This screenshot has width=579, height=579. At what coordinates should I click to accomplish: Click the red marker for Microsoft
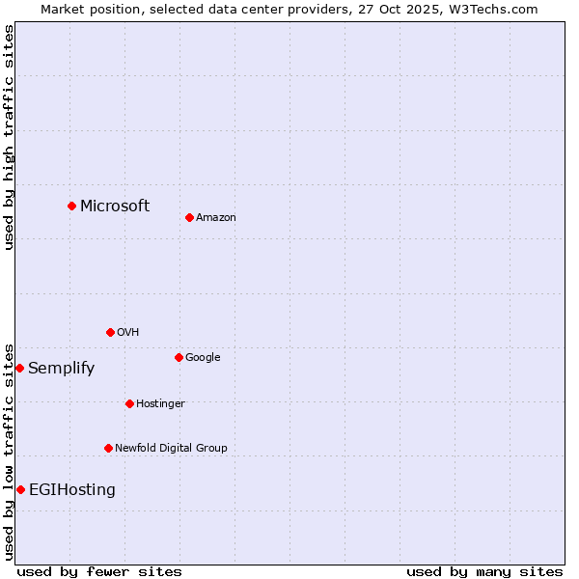(71, 206)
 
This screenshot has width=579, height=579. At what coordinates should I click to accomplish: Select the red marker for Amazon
(189, 217)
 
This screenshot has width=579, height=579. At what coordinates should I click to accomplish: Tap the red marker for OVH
(110, 332)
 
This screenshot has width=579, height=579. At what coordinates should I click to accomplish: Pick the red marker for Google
(179, 357)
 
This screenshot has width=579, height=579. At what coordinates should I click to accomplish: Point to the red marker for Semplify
(19, 368)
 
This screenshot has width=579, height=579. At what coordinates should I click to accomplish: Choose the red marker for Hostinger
(129, 403)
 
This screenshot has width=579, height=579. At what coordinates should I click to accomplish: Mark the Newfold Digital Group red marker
(108, 448)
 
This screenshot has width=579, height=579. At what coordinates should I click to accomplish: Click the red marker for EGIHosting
(20, 489)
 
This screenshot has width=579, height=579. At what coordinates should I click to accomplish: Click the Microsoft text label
(115, 206)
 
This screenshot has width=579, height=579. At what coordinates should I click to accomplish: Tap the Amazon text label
(216, 217)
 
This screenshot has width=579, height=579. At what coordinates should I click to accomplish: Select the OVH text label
(128, 332)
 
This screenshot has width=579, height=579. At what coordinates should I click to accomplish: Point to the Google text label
(203, 357)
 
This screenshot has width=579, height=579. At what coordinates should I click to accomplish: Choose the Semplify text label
(62, 368)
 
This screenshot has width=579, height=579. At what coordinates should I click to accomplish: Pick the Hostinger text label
(160, 403)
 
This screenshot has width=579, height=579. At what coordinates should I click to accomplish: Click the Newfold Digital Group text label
(172, 448)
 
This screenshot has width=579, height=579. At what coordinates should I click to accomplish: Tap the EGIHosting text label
(72, 489)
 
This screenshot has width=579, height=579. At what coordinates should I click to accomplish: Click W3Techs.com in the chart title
(490, 9)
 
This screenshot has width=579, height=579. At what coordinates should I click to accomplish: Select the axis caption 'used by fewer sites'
(99, 571)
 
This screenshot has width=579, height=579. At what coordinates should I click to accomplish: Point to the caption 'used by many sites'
(484, 571)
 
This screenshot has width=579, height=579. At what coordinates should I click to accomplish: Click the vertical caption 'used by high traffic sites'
(9, 138)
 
